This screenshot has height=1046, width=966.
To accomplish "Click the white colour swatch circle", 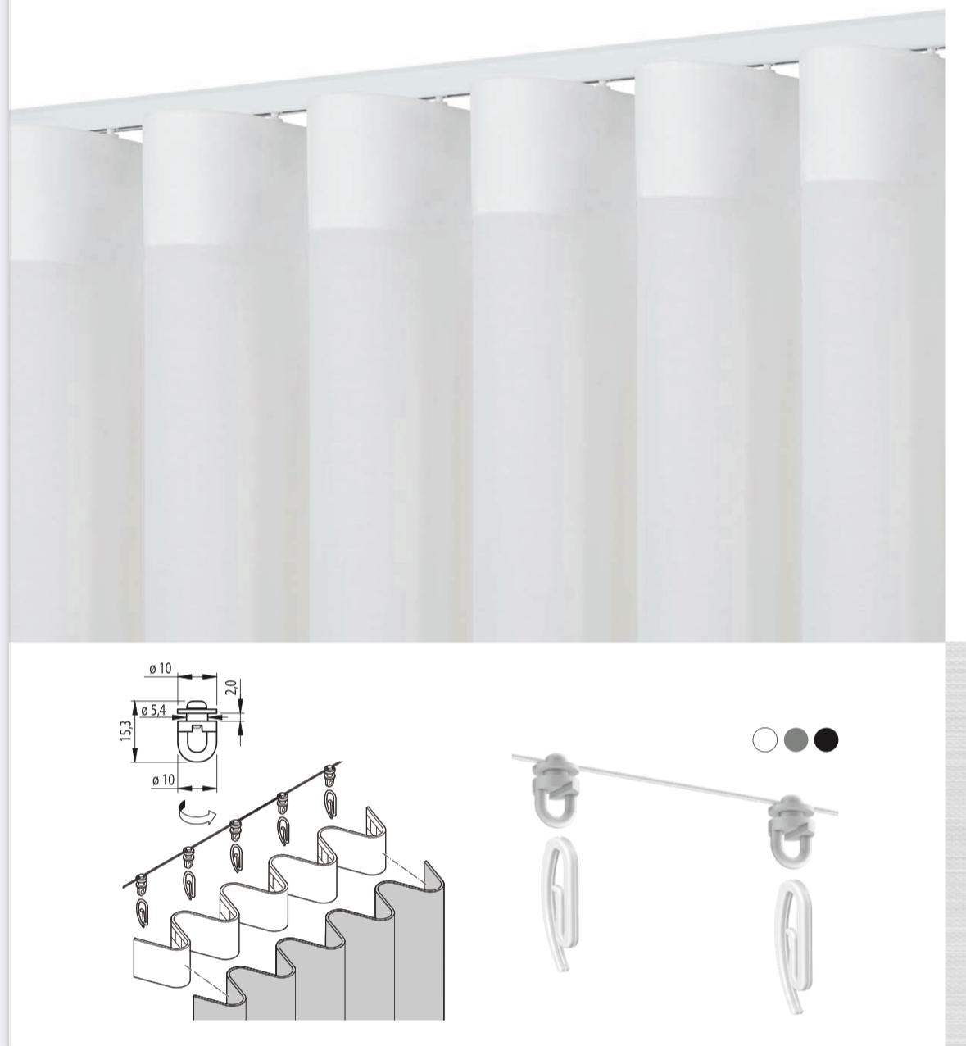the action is [x=765, y=739].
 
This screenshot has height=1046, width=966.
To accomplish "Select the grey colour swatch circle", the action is [x=796, y=739].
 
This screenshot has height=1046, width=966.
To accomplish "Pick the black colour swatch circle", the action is [x=826, y=739].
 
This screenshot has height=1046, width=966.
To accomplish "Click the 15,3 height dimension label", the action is [x=126, y=730].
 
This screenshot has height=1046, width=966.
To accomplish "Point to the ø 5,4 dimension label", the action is [x=153, y=711].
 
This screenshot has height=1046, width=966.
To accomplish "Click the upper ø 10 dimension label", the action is [x=161, y=668].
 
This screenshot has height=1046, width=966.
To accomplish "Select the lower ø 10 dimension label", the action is [x=163, y=780].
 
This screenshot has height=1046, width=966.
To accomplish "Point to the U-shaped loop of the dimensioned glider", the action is [x=197, y=743].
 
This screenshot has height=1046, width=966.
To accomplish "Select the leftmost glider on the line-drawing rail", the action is [x=142, y=885].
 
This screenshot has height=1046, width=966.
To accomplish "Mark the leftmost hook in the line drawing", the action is [x=142, y=914].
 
